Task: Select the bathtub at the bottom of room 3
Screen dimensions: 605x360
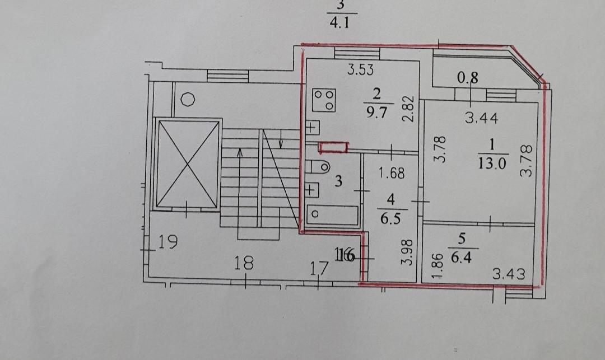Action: pyautogui.click(x=332, y=214)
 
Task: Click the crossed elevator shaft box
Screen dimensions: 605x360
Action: pyautogui.click(x=187, y=163)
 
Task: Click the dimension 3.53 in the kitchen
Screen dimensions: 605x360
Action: pyautogui.click(x=360, y=71)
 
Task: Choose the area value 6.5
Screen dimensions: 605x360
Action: pyautogui.click(x=392, y=218)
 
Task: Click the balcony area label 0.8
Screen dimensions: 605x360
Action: pyautogui.click(x=468, y=79)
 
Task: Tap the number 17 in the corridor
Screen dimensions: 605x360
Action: pyautogui.click(x=319, y=268)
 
